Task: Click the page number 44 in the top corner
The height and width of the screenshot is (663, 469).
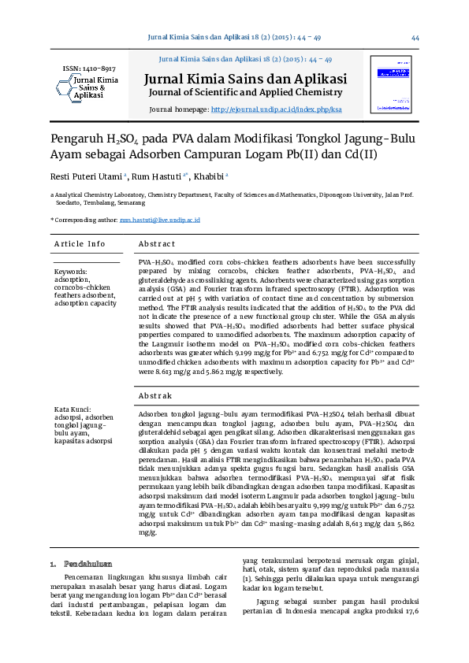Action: click(415, 38)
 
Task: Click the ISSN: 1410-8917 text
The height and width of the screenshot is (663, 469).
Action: click(89, 69)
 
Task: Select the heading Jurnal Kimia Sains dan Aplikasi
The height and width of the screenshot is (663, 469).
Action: click(245, 79)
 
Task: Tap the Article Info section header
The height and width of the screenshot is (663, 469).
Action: click(80, 244)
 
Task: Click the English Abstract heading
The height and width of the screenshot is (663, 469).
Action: click(156, 244)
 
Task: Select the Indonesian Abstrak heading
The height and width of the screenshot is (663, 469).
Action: click(154, 395)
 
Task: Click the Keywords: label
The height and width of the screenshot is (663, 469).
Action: click(71, 272)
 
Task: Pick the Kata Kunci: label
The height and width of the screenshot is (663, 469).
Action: click(74, 409)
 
